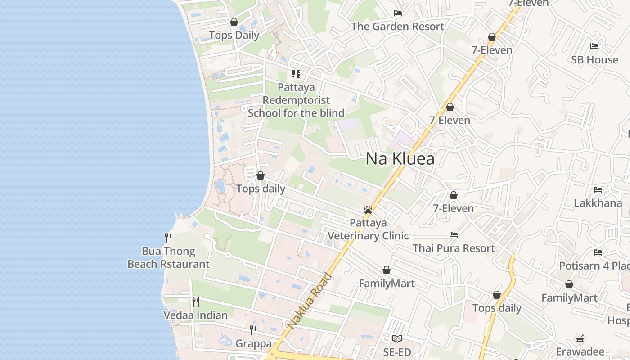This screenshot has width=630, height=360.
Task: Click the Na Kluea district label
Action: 400,158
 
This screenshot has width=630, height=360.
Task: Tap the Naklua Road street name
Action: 309,300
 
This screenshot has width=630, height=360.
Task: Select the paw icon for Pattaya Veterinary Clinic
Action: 368,210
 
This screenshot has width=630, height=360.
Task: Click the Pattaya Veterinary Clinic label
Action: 368,229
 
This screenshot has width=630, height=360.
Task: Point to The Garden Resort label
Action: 398,27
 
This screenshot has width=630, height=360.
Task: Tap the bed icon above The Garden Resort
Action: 398,13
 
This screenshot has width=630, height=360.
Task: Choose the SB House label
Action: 594,60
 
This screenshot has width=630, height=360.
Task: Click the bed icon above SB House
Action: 594,46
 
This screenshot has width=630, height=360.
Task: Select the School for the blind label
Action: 296,113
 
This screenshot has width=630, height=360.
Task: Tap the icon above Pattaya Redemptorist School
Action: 296,73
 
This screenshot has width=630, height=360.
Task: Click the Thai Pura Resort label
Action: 454,248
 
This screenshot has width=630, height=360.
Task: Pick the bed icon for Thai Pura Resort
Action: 454,234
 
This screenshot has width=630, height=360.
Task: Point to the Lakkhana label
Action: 598,203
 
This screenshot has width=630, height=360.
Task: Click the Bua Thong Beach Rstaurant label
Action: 168,257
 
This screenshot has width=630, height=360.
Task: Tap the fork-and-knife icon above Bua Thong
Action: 168,237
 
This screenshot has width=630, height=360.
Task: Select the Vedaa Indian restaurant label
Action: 195,315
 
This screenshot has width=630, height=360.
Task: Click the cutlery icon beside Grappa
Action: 253,330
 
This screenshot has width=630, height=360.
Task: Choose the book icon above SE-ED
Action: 397,338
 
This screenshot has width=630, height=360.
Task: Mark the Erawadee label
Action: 580,351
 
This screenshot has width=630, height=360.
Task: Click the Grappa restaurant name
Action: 253,344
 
